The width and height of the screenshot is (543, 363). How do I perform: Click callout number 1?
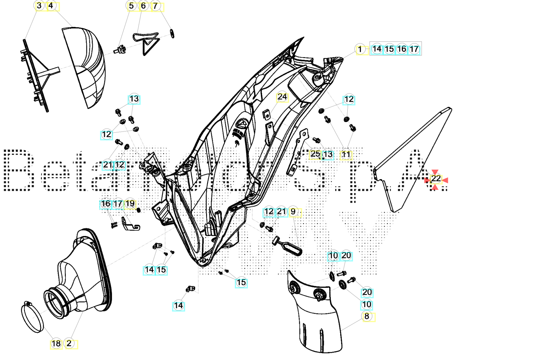(x=360, y=49)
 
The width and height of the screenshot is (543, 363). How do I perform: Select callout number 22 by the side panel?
(x=436, y=179)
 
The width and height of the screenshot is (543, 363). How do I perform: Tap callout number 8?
(x=367, y=316)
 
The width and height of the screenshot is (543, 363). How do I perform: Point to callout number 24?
(x=282, y=97)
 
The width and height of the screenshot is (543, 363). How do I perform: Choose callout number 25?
(x=315, y=154)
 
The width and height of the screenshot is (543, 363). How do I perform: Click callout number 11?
(x=346, y=155)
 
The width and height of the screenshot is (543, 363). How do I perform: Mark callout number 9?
(x=293, y=212)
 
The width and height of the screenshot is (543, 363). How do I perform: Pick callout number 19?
(x=130, y=204)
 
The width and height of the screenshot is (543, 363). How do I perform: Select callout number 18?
(x=56, y=344)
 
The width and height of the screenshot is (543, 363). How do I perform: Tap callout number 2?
(x=69, y=344)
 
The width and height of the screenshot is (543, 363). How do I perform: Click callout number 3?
(x=39, y=6)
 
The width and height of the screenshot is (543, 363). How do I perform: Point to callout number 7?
(x=156, y=6)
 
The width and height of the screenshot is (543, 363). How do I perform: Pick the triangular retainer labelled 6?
(x=148, y=43)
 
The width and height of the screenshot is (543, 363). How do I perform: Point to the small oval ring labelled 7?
(x=172, y=34)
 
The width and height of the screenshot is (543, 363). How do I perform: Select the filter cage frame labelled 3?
(x=36, y=75)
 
